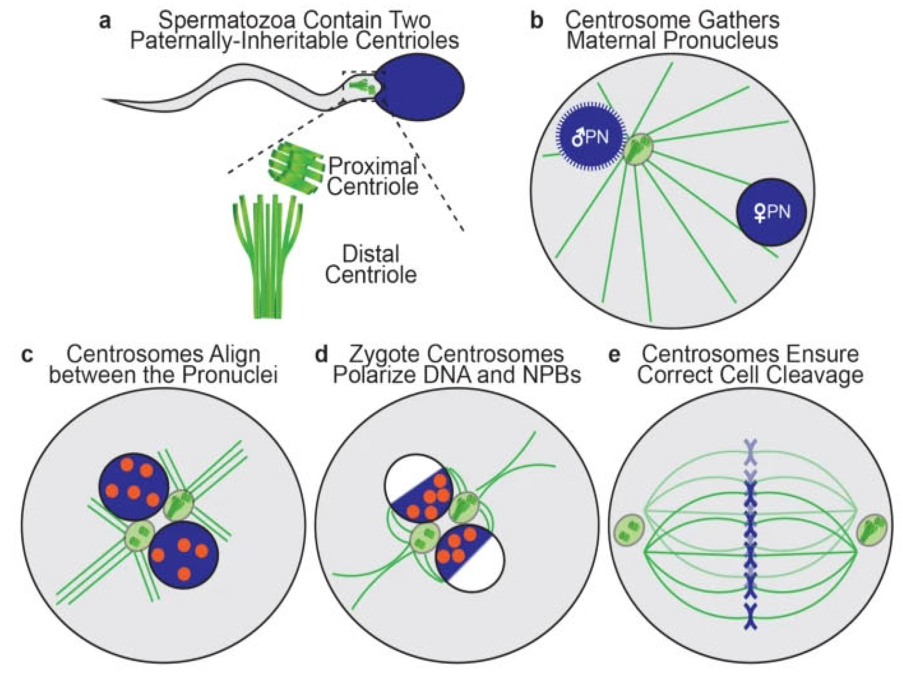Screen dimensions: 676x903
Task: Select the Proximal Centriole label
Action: point(373,177)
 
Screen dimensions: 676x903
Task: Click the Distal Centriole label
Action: point(370,265)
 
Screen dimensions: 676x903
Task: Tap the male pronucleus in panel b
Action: point(591,137)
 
